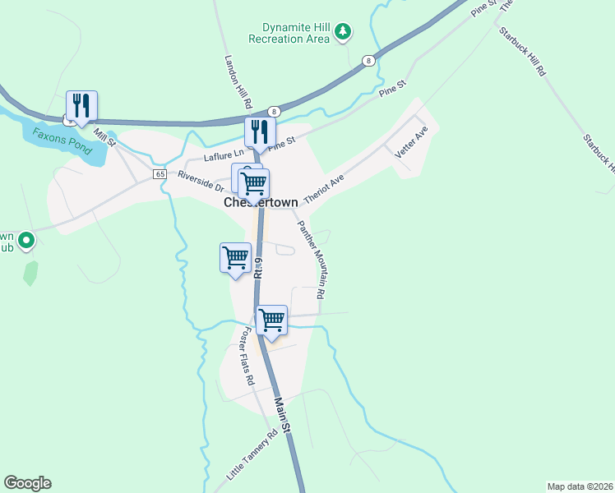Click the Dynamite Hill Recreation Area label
289,33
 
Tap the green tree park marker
344,34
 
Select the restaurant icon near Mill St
82,105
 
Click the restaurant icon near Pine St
260,131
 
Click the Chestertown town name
261,202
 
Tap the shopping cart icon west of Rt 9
235,258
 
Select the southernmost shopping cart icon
271,320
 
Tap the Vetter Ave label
412,141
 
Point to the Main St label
284,416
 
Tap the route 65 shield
160,174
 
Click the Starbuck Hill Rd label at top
521,52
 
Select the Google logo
27,483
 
